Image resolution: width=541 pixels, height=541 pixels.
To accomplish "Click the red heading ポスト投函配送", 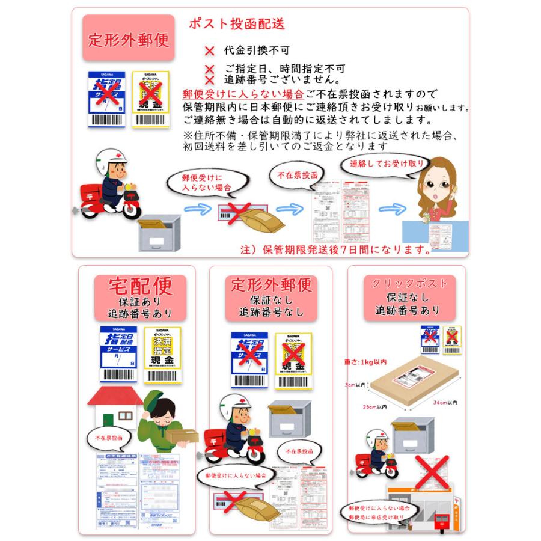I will pos(236,25).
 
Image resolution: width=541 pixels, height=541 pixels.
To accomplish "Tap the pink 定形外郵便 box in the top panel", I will pos(129,41).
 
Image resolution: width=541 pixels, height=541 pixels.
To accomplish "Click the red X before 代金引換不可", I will pos(210,52).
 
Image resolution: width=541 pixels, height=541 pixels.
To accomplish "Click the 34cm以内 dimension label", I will pos(446,402).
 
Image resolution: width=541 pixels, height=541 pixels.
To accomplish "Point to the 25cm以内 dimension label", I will pos(374,406).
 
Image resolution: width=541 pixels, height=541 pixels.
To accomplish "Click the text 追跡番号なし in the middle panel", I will pos(272,313).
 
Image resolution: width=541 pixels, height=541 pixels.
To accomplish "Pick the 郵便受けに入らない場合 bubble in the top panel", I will pos(207,183).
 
